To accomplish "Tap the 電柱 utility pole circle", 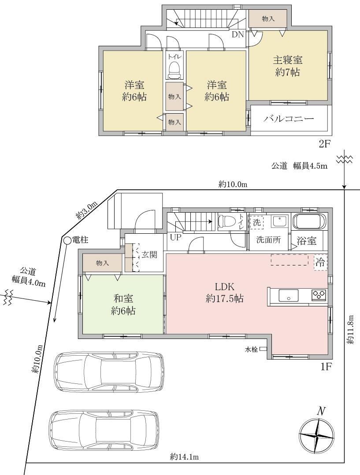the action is [x=67, y=240].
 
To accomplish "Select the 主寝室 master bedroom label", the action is [x=287, y=60].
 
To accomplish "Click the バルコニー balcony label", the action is [x=288, y=118].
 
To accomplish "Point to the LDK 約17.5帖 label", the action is [x=225, y=292].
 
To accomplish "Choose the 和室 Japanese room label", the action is [x=123, y=298].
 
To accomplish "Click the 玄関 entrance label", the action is [x=149, y=254].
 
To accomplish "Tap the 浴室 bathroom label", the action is [x=306, y=241].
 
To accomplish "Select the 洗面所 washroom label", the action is [x=268, y=240].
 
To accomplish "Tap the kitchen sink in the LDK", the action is [x=288, y=295].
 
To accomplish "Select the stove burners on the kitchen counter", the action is [x=319, y=295].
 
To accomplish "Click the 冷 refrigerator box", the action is [x=321, y=262].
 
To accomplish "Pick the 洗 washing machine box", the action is [x=256, y=222].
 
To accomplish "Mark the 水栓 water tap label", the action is [x=252, y=350].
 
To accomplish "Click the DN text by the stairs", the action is [x=238, y=34].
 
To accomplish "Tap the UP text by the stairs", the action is [x=175, y=238].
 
